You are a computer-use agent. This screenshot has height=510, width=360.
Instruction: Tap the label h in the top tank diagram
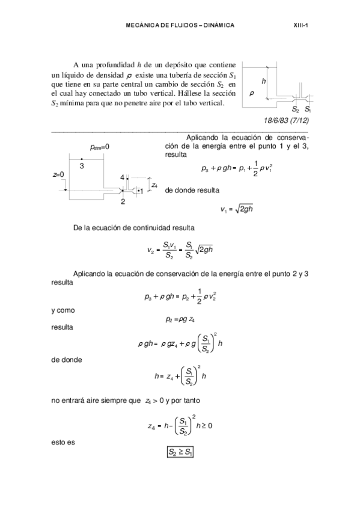point(263,81)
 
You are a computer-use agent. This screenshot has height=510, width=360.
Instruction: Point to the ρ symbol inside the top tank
point(251,94)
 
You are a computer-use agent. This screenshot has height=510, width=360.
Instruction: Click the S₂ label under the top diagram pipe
point(295,110)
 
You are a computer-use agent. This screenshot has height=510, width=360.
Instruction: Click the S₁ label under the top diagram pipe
point(308,110)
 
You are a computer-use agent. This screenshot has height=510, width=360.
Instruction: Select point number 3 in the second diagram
point(82,165)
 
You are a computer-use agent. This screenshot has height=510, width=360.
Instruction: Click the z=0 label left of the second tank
point(58,174)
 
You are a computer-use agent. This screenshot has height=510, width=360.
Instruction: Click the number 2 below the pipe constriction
point(123,202)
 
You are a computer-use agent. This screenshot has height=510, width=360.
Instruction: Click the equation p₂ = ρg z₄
point(178,319)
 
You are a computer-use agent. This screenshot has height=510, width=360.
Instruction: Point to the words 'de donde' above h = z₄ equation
point(66,359)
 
